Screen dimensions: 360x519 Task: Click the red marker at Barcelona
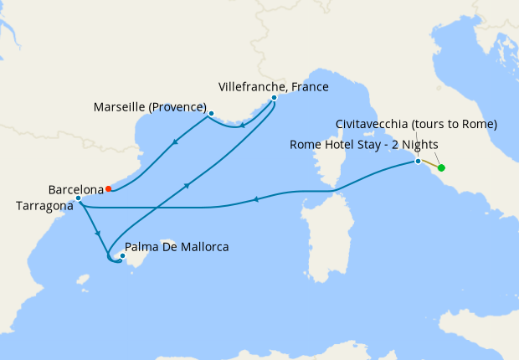click(x=109, y=188)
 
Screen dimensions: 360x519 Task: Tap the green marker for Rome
click(x=441, y=168)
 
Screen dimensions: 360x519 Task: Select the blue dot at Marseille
click(x=211, y=113)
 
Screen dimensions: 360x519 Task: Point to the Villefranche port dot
click(x=274, y=98)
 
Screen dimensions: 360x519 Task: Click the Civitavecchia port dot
click(x=418, y=161)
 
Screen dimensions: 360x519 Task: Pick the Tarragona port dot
click(x=78, y=198)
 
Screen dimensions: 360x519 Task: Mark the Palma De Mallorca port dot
click(x=123, y=256)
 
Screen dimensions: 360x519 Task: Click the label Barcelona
click(x=75, y=189)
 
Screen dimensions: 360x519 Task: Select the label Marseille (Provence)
click(x=151, y=107)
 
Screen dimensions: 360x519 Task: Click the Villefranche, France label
click(x=273, y=86)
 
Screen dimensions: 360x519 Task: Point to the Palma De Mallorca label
click(x=177, y=248)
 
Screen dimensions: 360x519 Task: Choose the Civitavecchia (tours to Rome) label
click(x=416, y=124)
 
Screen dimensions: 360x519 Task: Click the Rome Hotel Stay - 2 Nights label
click(x=363, y=144)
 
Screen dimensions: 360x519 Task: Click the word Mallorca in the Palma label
click(x=203, y=248)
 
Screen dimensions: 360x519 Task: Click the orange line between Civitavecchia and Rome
click(x=429, y=164)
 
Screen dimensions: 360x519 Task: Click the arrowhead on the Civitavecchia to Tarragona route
click(x=255, y=198)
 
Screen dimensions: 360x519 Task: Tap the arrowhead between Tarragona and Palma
click(x=99, y=234)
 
